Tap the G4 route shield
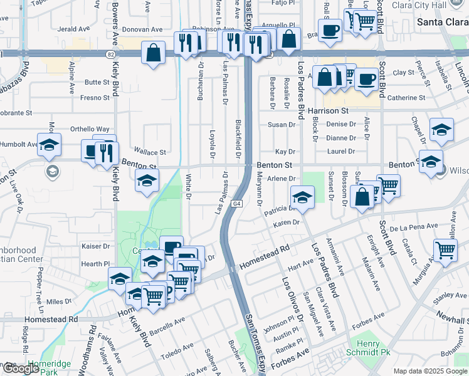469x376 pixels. coord(236,204)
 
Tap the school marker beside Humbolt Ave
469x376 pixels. coord(49,145)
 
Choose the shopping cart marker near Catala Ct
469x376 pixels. coord(445,250)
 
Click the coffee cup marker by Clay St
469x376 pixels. coord(366,79)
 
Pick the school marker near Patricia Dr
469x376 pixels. coord(302,197)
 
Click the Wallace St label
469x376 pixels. coord(153,152)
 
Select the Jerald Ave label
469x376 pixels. coord(73,29)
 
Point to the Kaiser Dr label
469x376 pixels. coord(97,246)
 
